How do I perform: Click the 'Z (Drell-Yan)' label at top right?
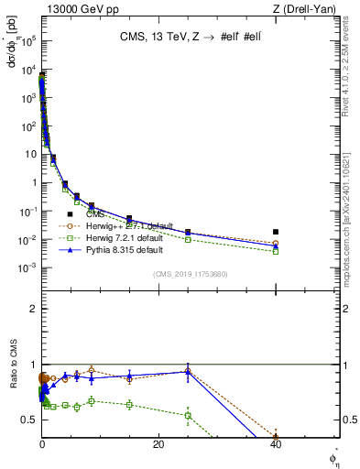coord(309,8)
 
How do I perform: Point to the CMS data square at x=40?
coord(276,232)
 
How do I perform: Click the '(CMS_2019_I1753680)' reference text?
coord(190,273)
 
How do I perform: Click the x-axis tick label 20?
coord(158,444)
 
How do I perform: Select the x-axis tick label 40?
coord(276,444)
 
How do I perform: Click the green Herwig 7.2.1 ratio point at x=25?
coord(188,415)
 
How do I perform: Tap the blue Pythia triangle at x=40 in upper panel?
coord(276,246)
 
